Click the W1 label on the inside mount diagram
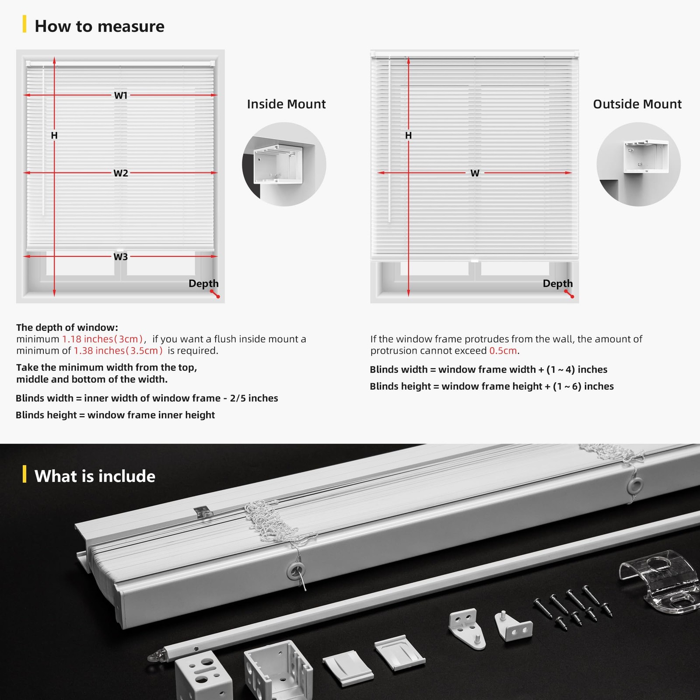coord(121,95)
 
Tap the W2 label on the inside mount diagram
coord(121,173)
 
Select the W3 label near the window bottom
coord(121,257)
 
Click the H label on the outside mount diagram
coord(408,136)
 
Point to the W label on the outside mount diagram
coord(475,173)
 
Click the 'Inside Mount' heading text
coord(286,104)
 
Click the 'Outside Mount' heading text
coord(637,104)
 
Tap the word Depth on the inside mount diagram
coord(203,283)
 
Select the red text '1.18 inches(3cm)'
coord(102,339)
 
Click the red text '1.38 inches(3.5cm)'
coord(118,351)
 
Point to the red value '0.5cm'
coord(503,351)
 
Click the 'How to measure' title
coord(99,26)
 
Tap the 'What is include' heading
coord(94,476)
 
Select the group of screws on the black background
coord(573,606)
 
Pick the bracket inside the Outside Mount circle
coord(645,156)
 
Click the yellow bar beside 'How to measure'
coord(24,24)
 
